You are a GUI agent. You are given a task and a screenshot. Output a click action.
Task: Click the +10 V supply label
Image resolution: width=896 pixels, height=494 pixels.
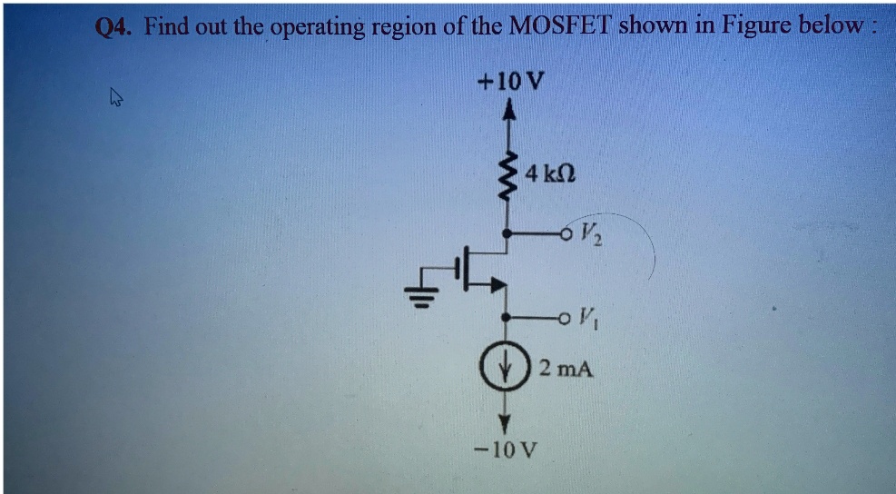[511, 82]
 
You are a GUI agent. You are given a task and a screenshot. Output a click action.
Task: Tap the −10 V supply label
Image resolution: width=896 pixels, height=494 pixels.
[507, 449]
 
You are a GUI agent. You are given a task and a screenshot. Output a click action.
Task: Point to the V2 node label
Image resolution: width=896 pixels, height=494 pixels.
[585, 242]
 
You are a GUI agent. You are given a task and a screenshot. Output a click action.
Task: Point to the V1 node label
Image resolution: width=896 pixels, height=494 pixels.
[586, 319]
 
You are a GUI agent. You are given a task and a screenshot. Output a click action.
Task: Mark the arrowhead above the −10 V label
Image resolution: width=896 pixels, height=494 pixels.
[507, 422]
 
